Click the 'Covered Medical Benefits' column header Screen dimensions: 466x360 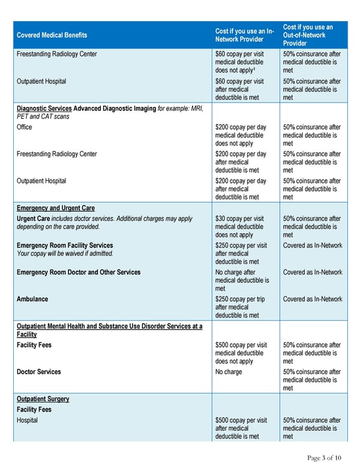(52, 35)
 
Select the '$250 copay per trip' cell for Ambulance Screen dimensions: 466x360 (240, 299)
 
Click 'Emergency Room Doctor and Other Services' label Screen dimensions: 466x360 (79, 272)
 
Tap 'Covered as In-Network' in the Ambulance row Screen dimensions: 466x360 (313, 299)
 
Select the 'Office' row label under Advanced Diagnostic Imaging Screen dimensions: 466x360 (25, 127)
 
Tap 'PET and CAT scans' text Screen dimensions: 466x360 (43, 116)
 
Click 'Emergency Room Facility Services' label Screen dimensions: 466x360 (65, 245)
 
